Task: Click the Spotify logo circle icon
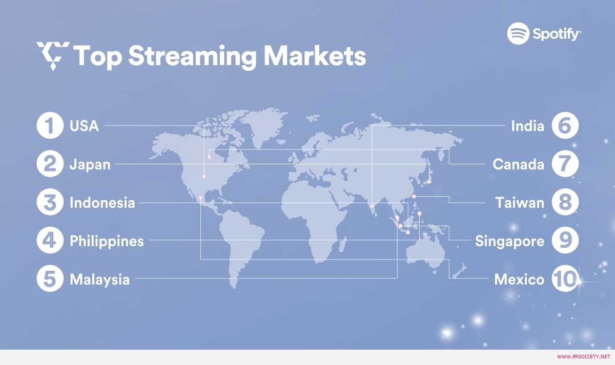click(x=518, y=33)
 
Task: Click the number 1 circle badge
click(x=50, y=125)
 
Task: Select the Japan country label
click(x=90, y=164)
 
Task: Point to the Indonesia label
click(x=102, y=203)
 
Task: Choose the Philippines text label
click(x=107, y=241)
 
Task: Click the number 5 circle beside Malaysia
click(x=50, y=278)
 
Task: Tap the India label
click(x=527, y=126)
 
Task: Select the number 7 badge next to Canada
click(x=565, y=164)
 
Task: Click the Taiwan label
click(x=520, y=203)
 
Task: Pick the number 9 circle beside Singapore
click(x=565, y=240)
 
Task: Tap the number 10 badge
click(x=565, y=278)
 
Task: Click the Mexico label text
click(x=519, y=280)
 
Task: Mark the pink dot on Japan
click(x=429, y=182)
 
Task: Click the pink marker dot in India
click(x=372, y=206)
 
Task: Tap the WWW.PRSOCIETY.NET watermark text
click(x=583, y=356)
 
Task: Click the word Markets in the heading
click(x=315, y=56)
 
